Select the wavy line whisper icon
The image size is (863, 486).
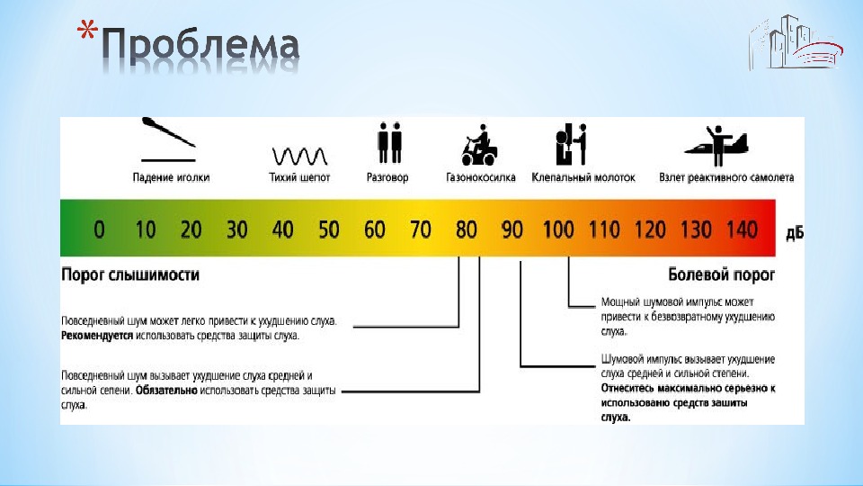(299, 151)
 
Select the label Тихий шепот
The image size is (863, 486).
(299, 178)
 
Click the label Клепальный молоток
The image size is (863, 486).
(583, 178)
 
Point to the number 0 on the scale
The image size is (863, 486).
(99, 230)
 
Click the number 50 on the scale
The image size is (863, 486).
(329, 230)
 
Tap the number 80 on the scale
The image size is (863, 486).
(467, 230)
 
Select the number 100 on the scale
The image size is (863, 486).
(558, 230)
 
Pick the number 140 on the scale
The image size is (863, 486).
(742, 230)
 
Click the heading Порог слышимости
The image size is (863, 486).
(130, 274)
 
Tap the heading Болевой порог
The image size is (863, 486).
(721, 274)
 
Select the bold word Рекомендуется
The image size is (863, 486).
(97, 336)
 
